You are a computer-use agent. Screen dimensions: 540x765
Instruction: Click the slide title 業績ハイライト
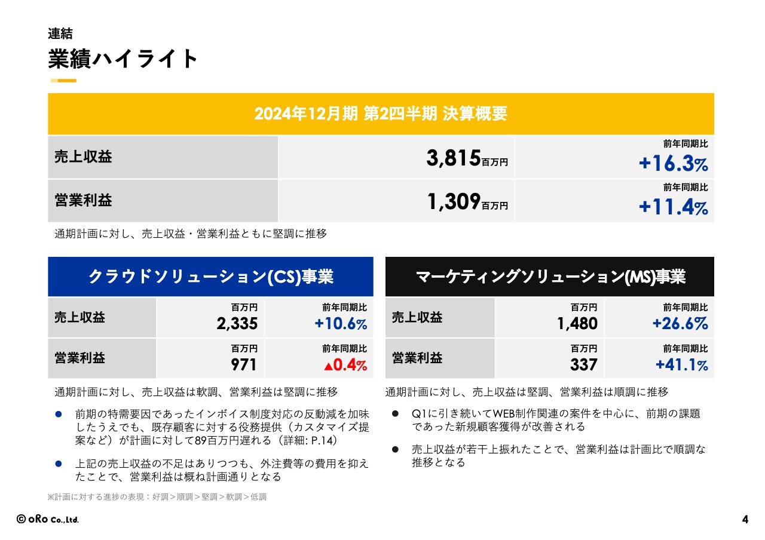(x=123, y=59)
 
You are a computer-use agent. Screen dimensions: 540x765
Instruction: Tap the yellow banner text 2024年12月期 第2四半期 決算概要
(x=381, y=113)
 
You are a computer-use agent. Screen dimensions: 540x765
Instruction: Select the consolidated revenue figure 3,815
(x=454, y=158)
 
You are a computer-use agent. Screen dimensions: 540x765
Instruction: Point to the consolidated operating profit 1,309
(x=454, y=202)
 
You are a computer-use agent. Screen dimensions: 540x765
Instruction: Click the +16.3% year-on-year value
(x=673, y=164)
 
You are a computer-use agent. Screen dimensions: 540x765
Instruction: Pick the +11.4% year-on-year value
(x=673, y=207)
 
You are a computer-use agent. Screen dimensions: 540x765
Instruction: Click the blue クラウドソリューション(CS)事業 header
(x=210, y=277)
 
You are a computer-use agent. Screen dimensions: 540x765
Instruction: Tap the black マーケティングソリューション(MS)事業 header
(x=549, y=277)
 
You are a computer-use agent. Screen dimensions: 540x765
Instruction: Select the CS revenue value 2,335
(x=237, y=324)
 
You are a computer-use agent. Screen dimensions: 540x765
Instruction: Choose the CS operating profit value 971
(x=244, y=364)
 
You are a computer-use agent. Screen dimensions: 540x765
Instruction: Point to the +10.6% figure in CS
(x=341, y=324)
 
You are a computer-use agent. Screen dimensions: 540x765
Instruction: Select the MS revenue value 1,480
(x=577, y=324)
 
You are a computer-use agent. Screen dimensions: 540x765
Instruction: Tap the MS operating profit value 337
(x=584, y=364)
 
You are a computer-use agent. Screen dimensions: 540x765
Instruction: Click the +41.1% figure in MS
(x=681, y=365)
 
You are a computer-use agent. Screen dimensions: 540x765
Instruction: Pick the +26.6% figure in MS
(x=680, y=324)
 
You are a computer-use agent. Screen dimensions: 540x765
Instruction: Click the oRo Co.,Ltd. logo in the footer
(x=48, y=520)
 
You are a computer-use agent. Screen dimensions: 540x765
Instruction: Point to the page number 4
(x=745, y=520)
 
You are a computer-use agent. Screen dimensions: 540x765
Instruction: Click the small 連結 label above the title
(x=60, y=34)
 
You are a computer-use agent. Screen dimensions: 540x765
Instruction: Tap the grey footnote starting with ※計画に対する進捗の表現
(x=157, y=496)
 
